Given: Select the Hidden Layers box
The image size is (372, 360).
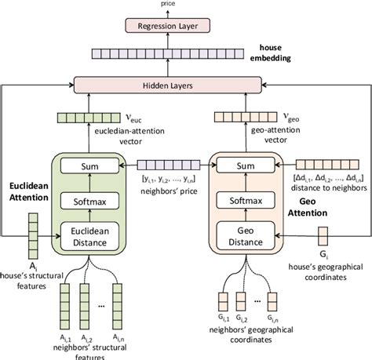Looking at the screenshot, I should point(186,83).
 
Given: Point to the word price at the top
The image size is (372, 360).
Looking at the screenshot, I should point(185,4).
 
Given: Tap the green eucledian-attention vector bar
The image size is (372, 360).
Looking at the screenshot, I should point(87,118).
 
